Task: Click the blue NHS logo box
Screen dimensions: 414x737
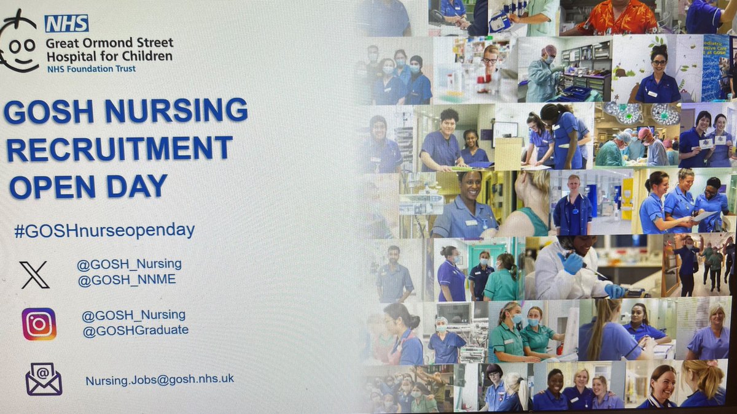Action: (66, 23)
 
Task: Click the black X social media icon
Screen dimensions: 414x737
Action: (34, 274)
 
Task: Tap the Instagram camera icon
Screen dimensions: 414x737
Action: (39, 324)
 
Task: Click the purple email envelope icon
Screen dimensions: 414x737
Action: (43, 378)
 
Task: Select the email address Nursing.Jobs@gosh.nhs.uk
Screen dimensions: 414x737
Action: (160, 380)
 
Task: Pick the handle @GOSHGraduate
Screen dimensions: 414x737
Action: (135, 331)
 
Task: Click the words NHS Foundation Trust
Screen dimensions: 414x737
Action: (92, 69)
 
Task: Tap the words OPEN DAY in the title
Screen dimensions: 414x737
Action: (88, 186)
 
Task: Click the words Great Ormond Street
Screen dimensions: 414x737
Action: (110, 44)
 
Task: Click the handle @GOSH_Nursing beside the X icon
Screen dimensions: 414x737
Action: (129, 264)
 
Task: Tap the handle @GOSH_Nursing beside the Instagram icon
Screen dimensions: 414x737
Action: (133, 315)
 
